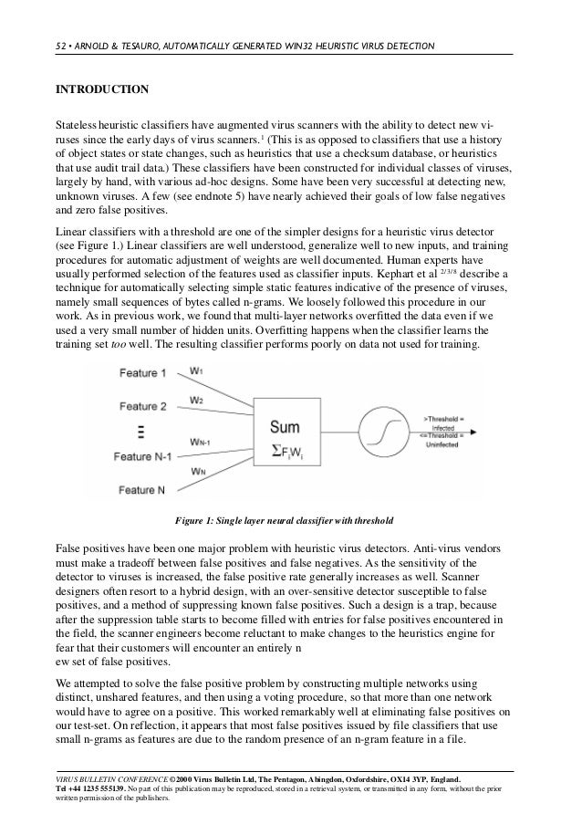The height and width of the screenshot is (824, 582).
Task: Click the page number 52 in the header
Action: [x=61, y=46]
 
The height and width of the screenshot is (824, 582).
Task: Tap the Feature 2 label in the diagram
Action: [x=142, y=405]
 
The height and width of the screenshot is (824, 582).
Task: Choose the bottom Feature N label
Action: [x=141, y=488]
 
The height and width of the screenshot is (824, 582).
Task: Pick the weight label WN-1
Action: [x=201, y=441]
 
